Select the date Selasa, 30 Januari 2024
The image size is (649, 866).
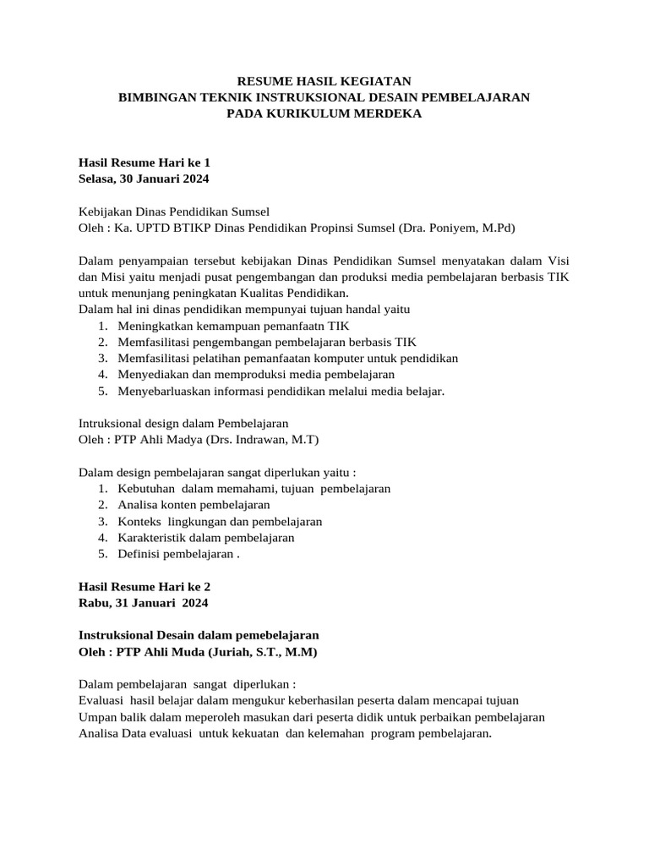(x=144, y=178)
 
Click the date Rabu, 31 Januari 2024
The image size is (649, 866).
(x=143, y=603)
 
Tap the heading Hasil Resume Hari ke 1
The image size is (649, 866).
(x=145, y=162)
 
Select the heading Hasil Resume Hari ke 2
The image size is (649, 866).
(x=145, y=586)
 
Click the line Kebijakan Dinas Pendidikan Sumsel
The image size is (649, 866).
(x=174, y=211)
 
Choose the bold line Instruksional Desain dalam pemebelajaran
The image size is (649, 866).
(x=199, y=634)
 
